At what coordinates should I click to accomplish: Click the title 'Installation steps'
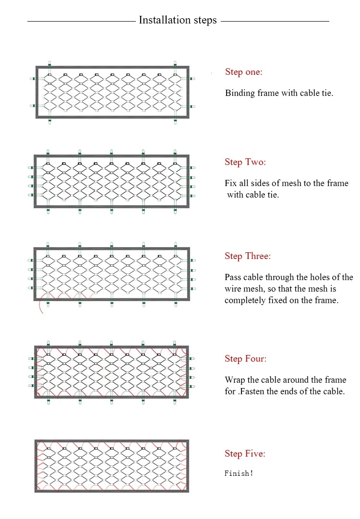pyautogui.click(x=178, y=20)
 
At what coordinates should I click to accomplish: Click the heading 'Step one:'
pyautogui.click(x=244, y=72)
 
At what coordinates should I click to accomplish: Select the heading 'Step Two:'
pyautogui.click(x=245, y=162)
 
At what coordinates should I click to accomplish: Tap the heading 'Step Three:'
pyautogui.click(x=248, y=256)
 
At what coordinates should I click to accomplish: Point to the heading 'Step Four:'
pyautogui.click(x=245, y=358)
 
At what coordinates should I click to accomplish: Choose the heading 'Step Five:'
pyautogui.click(x=245, y=453)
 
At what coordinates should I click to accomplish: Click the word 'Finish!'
pyautogui.click(x=239, y=473)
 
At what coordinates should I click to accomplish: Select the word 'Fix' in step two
pyautogui.click(x=230, y=183)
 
